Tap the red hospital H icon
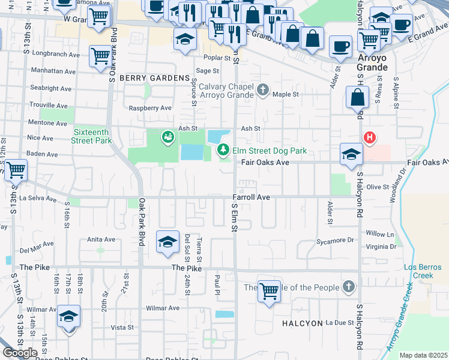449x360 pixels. click(x=370, y=138)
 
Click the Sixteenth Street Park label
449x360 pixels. click(x=92, y=136)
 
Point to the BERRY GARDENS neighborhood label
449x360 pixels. click(x=154, y=79)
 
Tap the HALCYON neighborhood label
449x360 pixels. click(x=303, y=323)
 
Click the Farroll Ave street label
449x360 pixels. click(x=252, y=197)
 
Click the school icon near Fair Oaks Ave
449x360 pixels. click(x=351, y=154)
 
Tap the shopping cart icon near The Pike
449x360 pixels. click(x=270, y=291)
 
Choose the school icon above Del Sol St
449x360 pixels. click(x=168, y=241)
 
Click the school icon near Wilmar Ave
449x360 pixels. click(x=69, y=316)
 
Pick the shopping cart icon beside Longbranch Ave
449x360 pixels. click(x=100, y=56)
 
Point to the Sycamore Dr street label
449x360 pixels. click(x=335, y=241)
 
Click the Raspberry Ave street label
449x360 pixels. click(x=151, y=108)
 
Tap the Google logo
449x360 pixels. click(x=19, y=353)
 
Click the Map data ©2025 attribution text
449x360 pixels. click(x=423, y=355)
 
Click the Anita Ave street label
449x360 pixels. click(x=101, y=239)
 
